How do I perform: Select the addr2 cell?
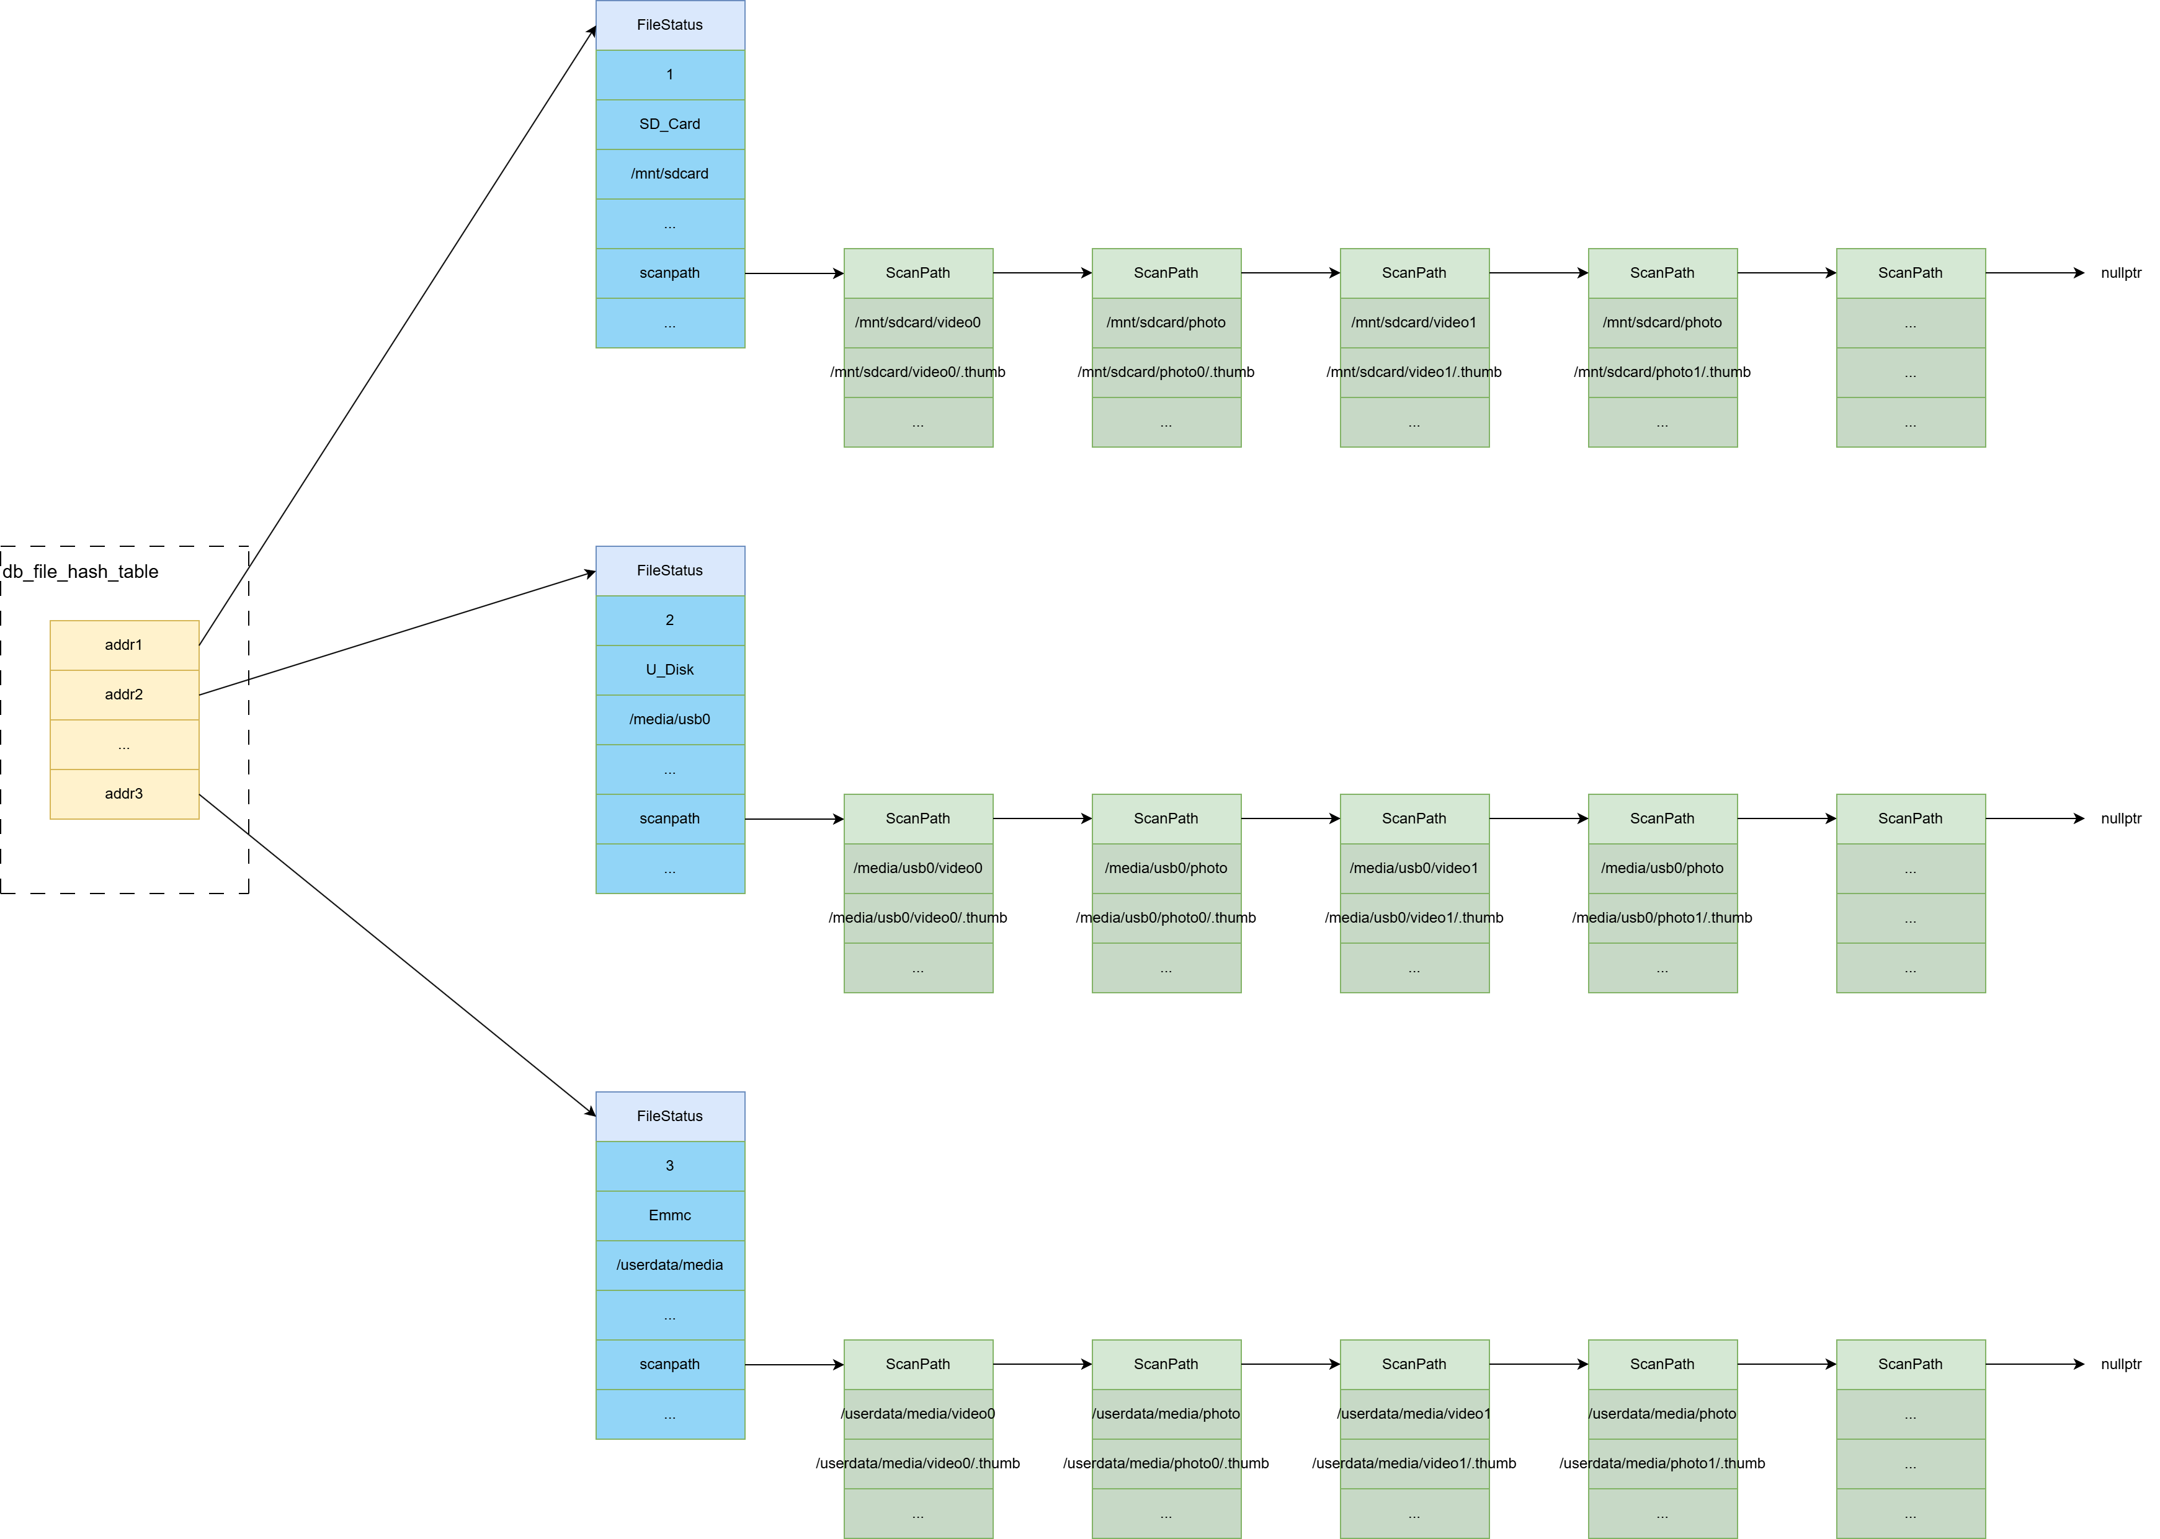coord(124,694)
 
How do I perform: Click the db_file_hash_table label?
coord(81,572)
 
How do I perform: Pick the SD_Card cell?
coord(669,124)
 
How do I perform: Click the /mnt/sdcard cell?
coord(669,174)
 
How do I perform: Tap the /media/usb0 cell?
coord(669,719)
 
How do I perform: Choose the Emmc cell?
coord(669,1215)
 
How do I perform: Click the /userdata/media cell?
coord(669,1265)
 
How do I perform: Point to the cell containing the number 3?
coord(669,1166)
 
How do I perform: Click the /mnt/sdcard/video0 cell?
coord(917,322)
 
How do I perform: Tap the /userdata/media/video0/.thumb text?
coord(917,1463)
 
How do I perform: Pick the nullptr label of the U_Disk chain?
coord(2120,818)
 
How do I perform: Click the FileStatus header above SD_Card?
coord(669,25)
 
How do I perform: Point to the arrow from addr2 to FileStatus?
coord(398,633)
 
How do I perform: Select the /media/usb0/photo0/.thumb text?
coord(1165,917)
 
